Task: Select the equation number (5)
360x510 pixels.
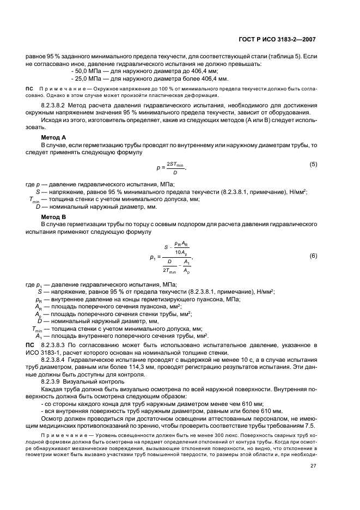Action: tap(313, 164)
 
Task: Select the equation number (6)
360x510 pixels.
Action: tap(313, 256)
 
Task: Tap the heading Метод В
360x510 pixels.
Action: tap(53, 217)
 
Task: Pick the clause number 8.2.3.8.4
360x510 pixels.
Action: tap(57, 360)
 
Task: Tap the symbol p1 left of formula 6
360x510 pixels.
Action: tap(152, 256)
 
